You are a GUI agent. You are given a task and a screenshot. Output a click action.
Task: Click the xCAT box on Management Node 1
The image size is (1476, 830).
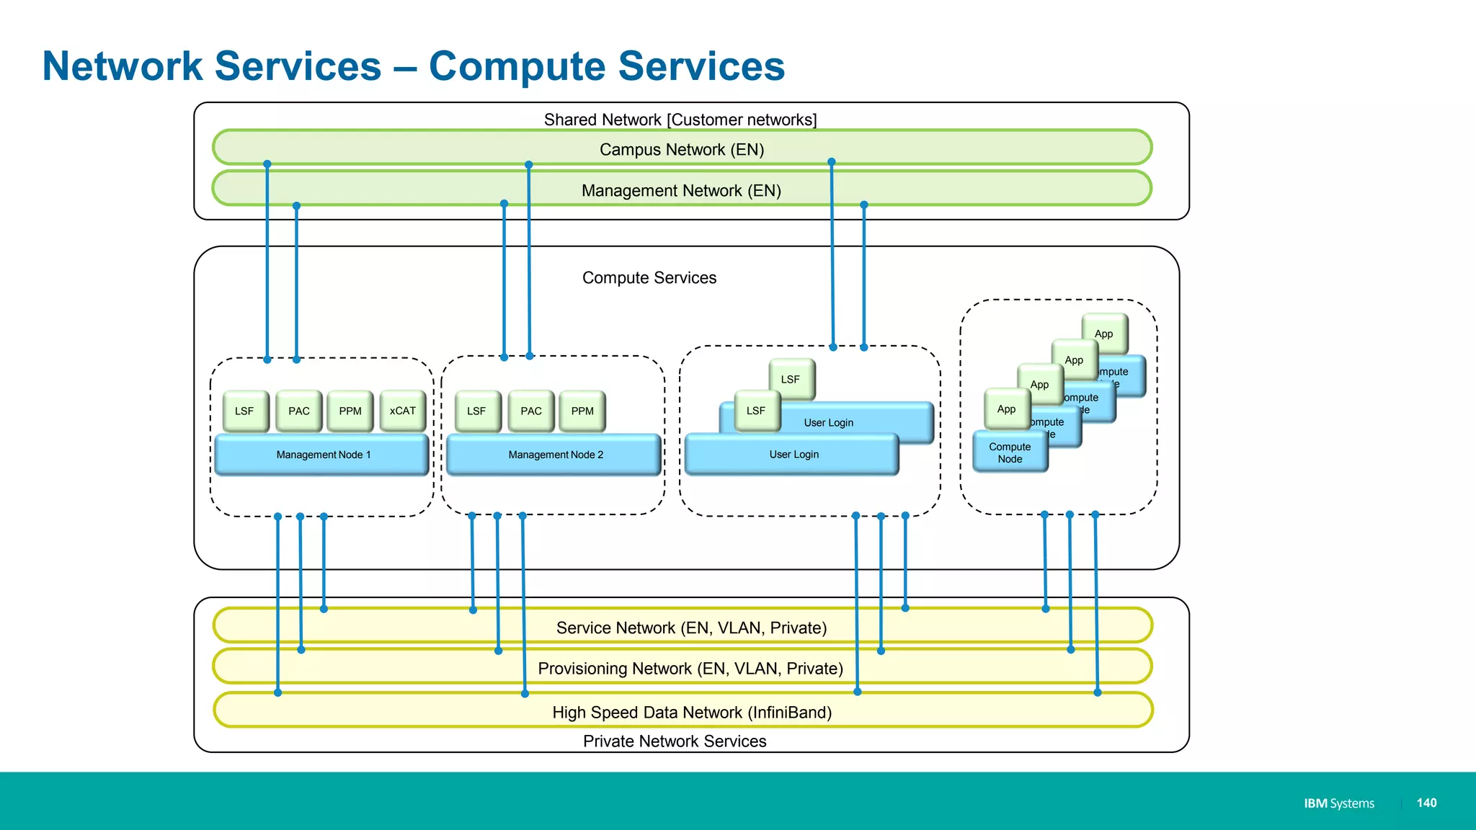coord(403,411)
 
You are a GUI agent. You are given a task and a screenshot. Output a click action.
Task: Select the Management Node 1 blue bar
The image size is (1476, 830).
coord(322,455)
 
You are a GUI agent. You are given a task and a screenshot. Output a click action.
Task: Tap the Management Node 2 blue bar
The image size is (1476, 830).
coord(554,455)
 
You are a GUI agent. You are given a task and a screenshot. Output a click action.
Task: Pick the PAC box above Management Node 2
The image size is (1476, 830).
coord(531,411)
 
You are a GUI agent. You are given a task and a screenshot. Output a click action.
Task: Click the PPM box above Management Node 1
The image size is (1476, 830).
coord(350,411)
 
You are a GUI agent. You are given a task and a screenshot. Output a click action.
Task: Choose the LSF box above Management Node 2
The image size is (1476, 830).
coord(476,411)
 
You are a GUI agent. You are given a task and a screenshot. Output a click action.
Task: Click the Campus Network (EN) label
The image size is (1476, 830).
coord(682,149)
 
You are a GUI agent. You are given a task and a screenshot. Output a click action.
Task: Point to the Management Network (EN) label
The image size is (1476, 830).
coord(681,190)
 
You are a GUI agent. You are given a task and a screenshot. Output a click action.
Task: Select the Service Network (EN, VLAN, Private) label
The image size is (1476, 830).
coord(691,628)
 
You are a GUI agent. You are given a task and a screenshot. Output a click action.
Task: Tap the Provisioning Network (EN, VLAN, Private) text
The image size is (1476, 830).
coord(690,669)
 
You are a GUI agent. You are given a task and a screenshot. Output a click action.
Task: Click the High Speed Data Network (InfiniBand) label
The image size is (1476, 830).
coord(692,713)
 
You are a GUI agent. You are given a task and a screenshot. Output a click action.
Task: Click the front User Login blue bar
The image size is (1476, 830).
coord(793,455)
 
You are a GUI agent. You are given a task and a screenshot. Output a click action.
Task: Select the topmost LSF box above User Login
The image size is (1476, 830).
coord(791,379)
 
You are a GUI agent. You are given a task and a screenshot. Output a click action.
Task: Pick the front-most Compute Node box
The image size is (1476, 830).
coord(1010,453)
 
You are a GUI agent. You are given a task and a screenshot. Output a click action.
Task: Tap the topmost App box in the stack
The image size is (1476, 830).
coord(1104,334)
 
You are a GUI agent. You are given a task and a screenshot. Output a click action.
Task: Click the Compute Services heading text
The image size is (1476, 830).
coord(649,277)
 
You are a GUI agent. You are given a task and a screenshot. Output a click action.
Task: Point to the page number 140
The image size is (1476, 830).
coord(1426,803)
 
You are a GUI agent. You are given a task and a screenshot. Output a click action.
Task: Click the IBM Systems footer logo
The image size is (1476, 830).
coord(1338,803)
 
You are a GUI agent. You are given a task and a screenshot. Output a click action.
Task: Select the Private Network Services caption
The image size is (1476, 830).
coord(675,741)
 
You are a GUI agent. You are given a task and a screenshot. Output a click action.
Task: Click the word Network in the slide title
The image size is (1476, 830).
coord(123,66)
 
